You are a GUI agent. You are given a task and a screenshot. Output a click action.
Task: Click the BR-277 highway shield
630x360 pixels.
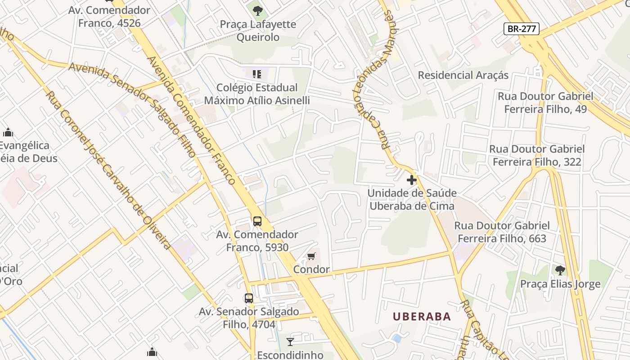(x=521, y=29)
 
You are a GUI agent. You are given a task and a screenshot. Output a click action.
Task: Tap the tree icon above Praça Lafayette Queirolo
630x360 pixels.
(x=257, y=11)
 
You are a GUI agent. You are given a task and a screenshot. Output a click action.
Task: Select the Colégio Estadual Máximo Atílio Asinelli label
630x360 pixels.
(x=257, y=94)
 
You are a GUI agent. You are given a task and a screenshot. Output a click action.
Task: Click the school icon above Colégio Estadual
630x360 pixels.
(x=257, y=74)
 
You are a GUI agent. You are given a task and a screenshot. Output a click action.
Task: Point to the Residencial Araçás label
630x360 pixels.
(x=463, y=75)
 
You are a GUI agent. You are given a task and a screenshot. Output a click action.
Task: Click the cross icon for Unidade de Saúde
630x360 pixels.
(x=411, y=180)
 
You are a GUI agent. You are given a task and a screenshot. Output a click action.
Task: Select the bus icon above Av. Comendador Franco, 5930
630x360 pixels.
(x=257, y=221)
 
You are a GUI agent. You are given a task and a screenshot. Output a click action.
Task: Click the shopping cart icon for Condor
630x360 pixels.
(x=311, y=256)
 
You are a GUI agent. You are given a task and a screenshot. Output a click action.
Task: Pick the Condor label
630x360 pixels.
(x=311, y=270)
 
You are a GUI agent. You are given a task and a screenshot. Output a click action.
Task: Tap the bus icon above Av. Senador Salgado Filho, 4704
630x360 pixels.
(x=249, y=298)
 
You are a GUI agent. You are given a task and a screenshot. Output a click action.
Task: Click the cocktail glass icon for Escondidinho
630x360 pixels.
(x=290, y=342)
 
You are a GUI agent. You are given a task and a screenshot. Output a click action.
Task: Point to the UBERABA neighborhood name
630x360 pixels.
(x=422, y=316)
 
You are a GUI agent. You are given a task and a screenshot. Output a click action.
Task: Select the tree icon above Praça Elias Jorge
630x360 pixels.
(x=560, y=270)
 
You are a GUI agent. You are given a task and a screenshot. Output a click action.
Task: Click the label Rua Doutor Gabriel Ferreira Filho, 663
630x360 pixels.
(x=502, y=232)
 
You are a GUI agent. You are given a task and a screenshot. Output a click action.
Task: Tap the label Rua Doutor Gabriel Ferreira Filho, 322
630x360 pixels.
(x=537, y=155)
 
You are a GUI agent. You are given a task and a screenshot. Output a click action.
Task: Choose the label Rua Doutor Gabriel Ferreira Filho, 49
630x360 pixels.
(x=545, y=103)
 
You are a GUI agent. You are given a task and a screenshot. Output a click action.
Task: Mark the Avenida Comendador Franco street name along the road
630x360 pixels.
(x=192, y=121)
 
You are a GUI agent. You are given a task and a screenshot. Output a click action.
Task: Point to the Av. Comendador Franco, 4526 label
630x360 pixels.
(x=109, y=17)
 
